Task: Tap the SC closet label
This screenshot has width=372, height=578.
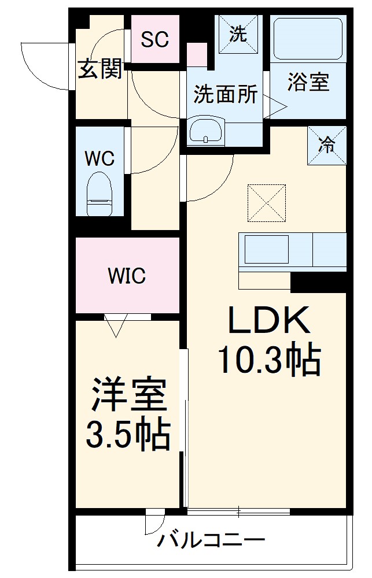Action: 155,39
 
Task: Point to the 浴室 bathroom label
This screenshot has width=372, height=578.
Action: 308,83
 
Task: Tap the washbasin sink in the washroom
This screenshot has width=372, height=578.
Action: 207,131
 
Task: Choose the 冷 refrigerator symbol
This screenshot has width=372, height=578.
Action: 327,145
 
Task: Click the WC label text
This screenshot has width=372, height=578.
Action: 100,158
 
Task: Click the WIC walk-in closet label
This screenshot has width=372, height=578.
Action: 127,276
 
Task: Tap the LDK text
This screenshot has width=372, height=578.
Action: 269,321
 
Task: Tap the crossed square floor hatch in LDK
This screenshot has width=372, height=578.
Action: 267,203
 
